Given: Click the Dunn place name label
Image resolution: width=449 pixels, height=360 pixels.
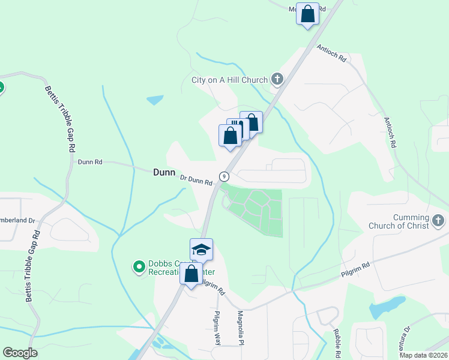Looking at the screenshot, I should coord(164,172).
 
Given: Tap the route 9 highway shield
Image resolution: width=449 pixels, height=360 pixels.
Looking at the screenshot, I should coord(224,176).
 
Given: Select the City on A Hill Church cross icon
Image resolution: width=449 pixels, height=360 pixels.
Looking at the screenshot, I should coord(277,79).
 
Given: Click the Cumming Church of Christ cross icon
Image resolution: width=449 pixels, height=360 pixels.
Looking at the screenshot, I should coord(438,221).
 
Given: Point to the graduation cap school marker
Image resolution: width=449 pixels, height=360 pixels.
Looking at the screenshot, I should coord(201,249).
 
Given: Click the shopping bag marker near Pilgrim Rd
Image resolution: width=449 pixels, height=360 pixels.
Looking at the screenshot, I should coord(191,274).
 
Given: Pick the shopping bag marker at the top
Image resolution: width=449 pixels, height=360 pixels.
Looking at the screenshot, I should coord(307,14).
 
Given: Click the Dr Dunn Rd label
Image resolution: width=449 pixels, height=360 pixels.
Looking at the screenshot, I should coord(197,179).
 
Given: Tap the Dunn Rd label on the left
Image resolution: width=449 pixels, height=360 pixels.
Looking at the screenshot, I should coord(90,161).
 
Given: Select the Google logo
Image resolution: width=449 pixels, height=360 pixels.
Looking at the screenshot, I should coord(20,353).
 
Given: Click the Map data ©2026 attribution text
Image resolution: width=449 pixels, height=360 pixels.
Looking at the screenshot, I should coord(424,355).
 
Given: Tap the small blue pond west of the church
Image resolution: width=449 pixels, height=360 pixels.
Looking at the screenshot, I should coord(155,100).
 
